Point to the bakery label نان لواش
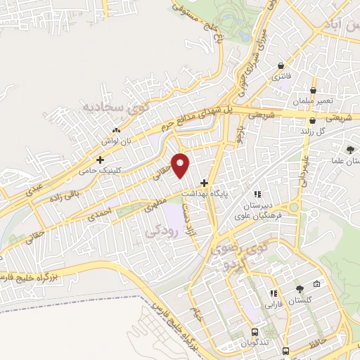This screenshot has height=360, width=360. (117, 141)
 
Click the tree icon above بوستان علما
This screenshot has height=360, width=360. (349, 149)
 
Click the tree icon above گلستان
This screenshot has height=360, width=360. (300, 288)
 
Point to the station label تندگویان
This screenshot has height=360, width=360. (255, 345)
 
